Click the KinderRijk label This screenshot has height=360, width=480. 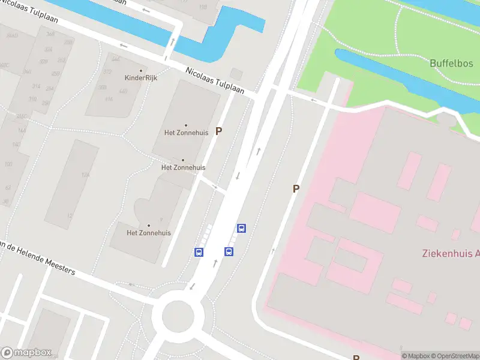tap(141, 77)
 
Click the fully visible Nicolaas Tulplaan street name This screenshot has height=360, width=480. tap(214, 80)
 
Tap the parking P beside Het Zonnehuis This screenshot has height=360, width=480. tap(219, 131)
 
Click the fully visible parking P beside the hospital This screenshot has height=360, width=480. tap(296, 188)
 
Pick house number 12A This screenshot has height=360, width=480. tap(86, 175)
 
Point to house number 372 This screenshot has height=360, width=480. tap(107, 72)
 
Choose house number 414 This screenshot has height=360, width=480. tap(109, 98)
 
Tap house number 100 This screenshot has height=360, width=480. tap(8, 164)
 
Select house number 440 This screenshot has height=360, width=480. tap(123, 91)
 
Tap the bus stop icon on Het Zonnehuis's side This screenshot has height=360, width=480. tap(199, 252)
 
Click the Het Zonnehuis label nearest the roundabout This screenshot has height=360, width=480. tap(149, 233)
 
